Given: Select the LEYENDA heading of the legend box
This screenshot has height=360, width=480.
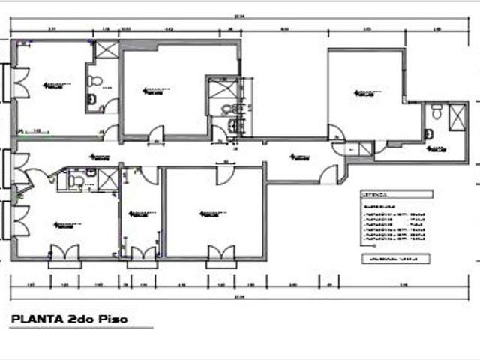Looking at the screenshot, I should tap(375, 192).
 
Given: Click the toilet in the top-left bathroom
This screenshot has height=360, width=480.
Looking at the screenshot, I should tap(94, 80).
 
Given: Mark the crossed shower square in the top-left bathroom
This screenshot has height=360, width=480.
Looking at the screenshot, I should tap(105, 51).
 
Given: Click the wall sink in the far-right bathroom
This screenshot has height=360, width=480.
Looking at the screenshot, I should tap(433, 112).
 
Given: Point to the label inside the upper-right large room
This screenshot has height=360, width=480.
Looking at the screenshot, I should tap(365, 93).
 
